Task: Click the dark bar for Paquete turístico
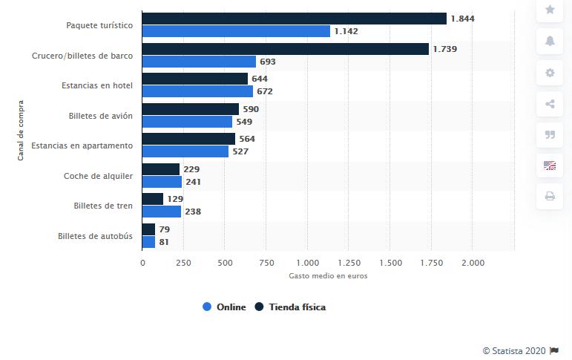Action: coord(294,19)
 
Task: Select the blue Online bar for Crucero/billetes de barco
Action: coord(199,62)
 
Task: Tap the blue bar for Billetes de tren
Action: coord(162,212)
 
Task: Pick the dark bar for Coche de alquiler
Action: coord(160,169)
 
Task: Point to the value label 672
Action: coord(265,91)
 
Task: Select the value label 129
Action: coord(174,199)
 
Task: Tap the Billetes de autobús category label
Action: coord(95,236)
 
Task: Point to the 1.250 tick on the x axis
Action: coord(349,262)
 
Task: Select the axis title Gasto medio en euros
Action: coord(328,276)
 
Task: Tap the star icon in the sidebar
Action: coord(550,10)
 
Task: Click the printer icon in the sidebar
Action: coord(550,197)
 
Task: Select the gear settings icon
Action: coord(550,73)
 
